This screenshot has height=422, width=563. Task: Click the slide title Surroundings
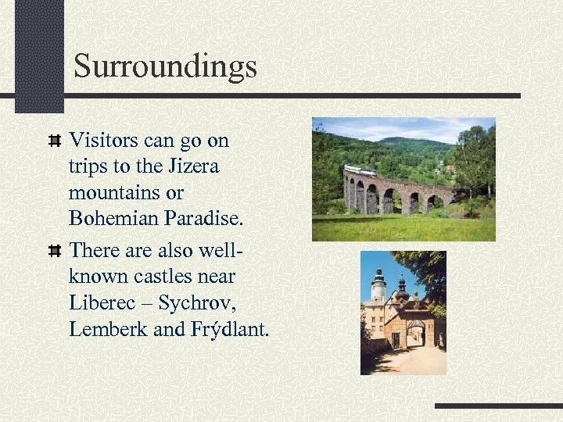(165, 66)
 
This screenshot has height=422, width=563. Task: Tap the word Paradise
(204, 218)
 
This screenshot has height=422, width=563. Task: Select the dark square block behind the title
(39, 55)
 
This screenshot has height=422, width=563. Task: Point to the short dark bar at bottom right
(497, 406)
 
